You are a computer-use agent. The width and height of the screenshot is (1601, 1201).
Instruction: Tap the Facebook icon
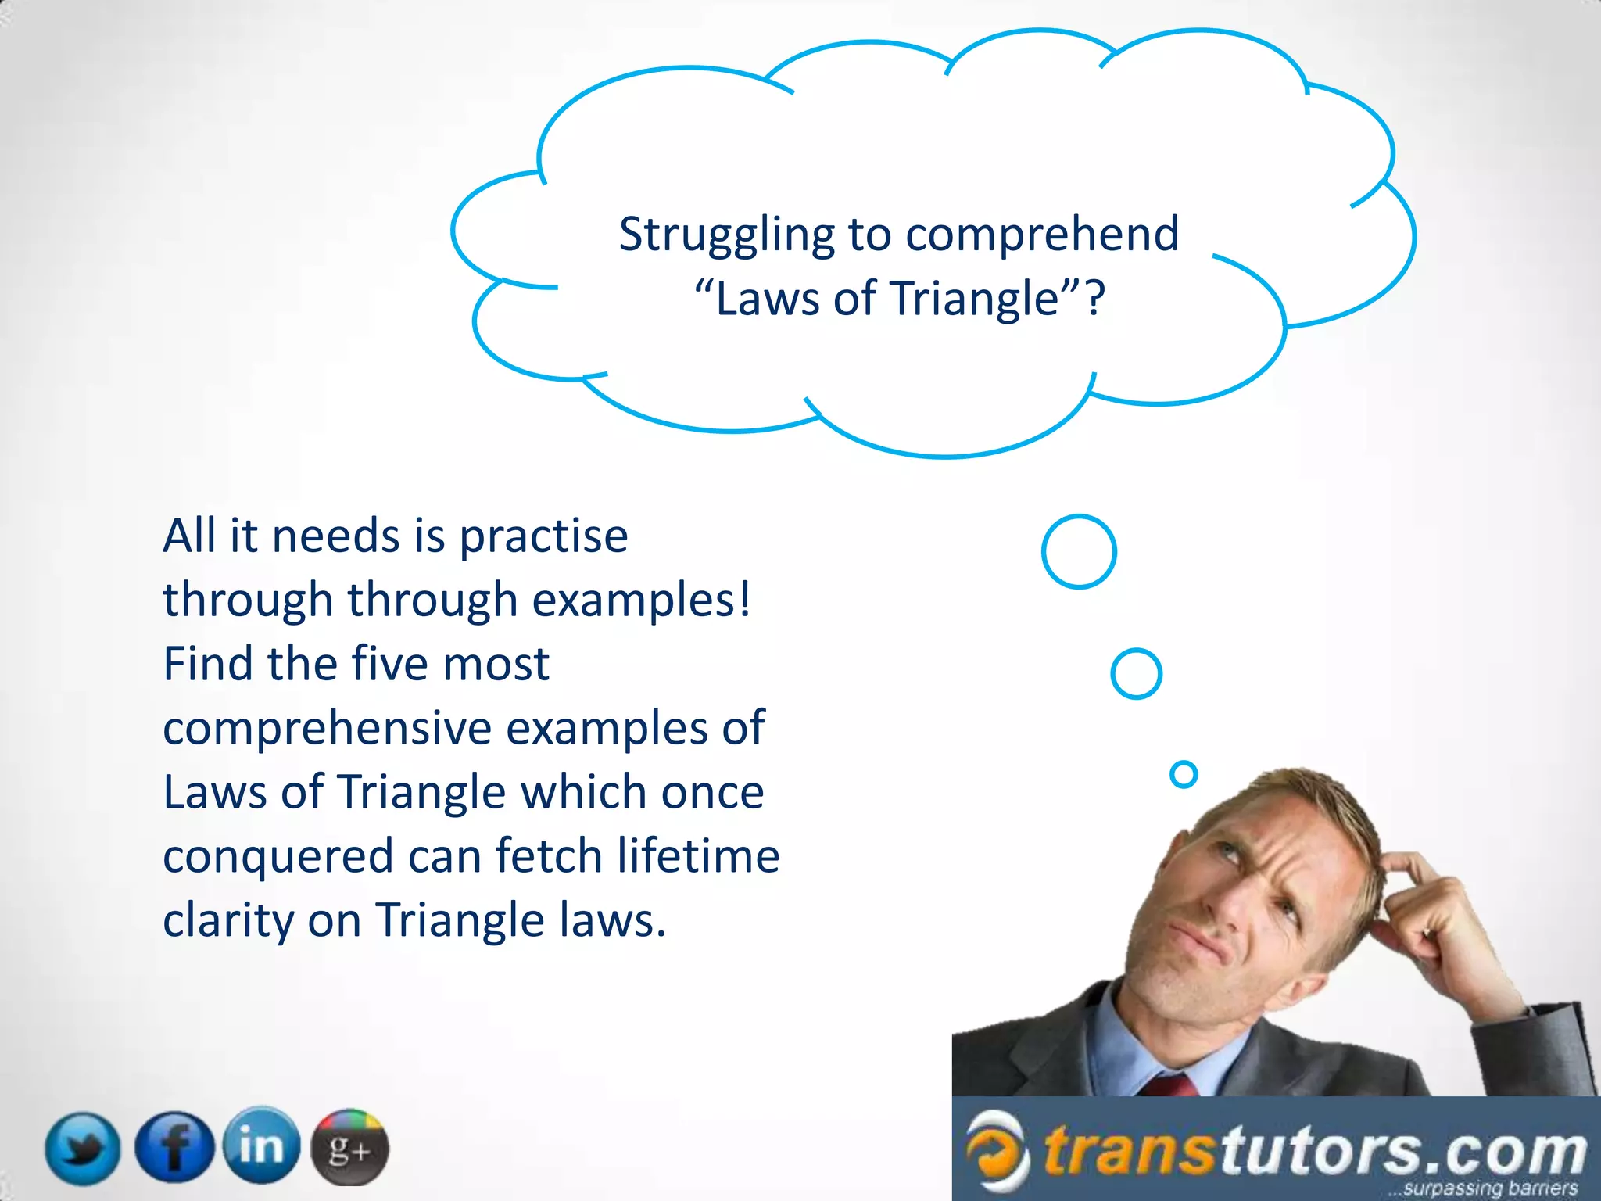[x=174, y=1147]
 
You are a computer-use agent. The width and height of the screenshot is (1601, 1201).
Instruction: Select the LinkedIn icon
[x=261, y=1145]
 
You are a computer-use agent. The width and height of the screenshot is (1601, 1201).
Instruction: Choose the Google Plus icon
[x=349, y=1148]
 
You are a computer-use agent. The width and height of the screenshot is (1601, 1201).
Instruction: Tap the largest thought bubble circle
[x=1079, y=551]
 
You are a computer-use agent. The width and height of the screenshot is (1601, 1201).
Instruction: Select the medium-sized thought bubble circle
[x=1136, y=673]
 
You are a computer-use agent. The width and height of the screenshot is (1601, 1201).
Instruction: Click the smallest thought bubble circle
[x=1184, y=774]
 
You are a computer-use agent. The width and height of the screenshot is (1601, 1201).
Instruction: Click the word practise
[x=543, y=536]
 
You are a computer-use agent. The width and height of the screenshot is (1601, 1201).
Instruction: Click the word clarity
[x=227, y=920]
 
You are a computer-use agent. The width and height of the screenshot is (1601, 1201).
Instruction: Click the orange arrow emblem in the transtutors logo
[x=996, y=1149]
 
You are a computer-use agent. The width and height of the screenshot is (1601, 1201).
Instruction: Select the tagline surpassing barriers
[x=1489, y=1188]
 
